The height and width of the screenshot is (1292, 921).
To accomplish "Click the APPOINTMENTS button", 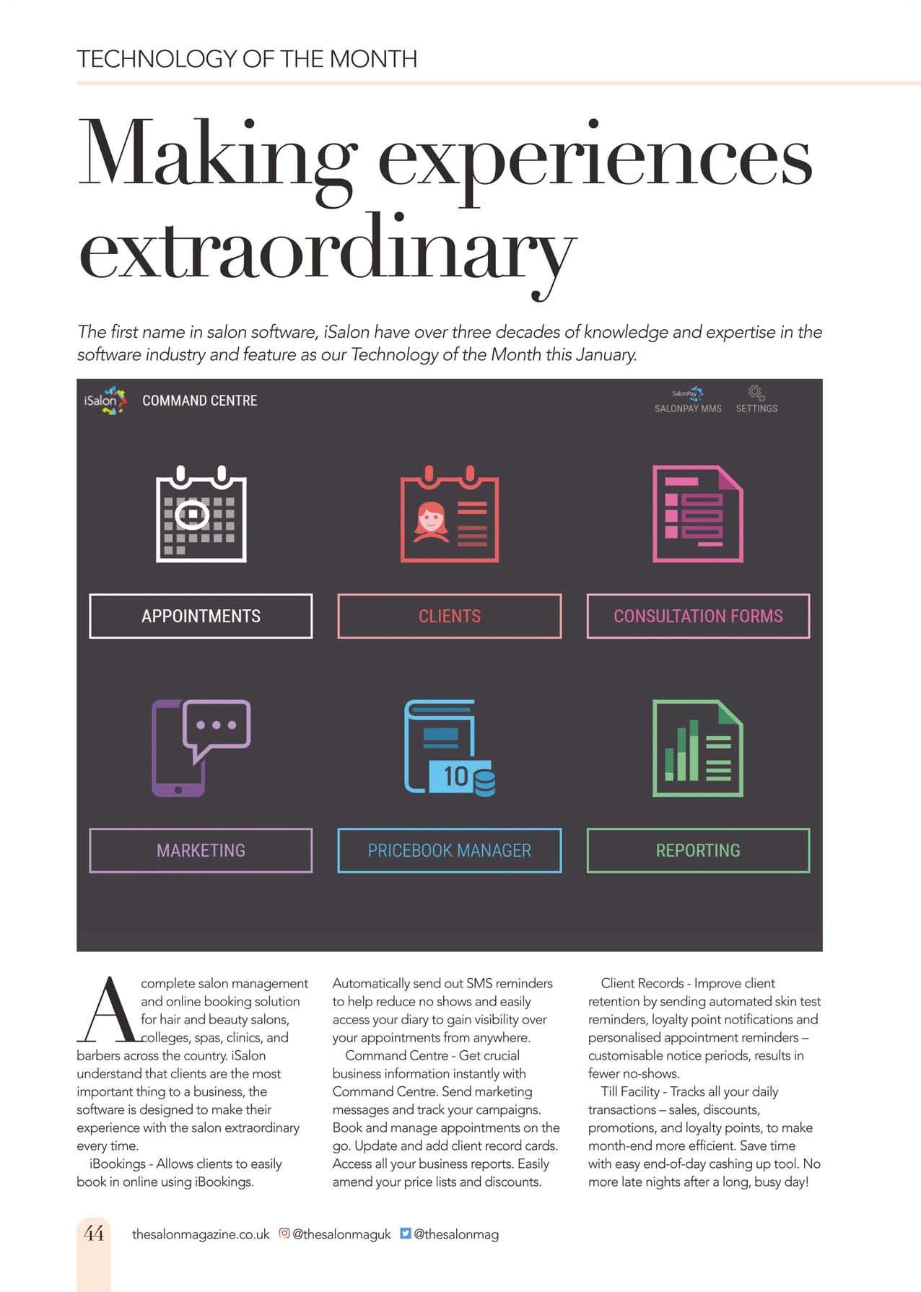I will point(201,616).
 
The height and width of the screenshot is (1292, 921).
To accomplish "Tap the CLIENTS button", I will point(449,616).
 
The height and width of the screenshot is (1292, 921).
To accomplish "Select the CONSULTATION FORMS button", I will point(698,616).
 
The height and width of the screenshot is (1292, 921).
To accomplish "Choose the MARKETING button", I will point(201,850).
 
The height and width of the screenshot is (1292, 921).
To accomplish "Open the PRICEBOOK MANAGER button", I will point(449,850).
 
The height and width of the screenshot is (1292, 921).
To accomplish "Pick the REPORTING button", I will point(698,850).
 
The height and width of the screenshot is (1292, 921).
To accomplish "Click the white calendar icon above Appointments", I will point(201,514).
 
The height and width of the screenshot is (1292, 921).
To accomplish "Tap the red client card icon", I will point(450,514).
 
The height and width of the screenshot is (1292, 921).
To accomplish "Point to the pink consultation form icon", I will point(698,514).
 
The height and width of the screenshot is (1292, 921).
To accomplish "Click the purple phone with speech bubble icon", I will point(201,748).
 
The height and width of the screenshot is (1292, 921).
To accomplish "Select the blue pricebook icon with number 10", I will point(450,748).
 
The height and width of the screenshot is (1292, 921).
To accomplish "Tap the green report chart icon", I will point(698,748).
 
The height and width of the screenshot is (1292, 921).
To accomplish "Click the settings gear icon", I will point(756,393).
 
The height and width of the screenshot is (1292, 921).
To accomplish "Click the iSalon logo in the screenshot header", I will point(105,401).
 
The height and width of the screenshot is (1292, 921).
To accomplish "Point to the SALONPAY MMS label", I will point(688,409).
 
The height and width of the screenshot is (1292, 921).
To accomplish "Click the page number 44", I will point(94,1233).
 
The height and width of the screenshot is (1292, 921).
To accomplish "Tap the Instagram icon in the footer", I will point(284,1234).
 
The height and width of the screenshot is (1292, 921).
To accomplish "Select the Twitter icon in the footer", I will point(405,1234).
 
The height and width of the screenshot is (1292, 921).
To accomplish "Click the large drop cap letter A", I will point(110,1011).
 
